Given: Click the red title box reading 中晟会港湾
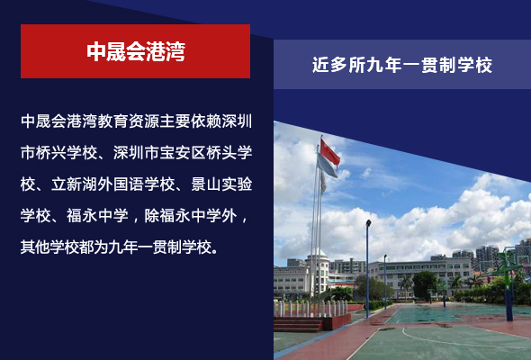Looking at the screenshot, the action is click(136, 51).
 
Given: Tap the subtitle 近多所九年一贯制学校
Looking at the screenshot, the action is click(402, 65).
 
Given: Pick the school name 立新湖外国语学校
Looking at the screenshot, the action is click(113, 184).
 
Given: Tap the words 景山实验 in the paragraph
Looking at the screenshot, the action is click(221, 184).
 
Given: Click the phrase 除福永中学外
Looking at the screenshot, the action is click(191, 216).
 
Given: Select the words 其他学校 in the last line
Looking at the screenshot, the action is click(51, 247).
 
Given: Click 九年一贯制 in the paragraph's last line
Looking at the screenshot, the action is click(145, 247).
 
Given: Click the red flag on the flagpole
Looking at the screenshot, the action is click(329, 152).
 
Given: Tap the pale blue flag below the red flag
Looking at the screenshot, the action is click(327, 166).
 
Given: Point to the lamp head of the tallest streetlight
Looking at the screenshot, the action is click(368, 223).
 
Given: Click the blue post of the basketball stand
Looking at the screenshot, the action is click(509, 304).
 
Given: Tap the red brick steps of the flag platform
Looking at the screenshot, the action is click(298, 324).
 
